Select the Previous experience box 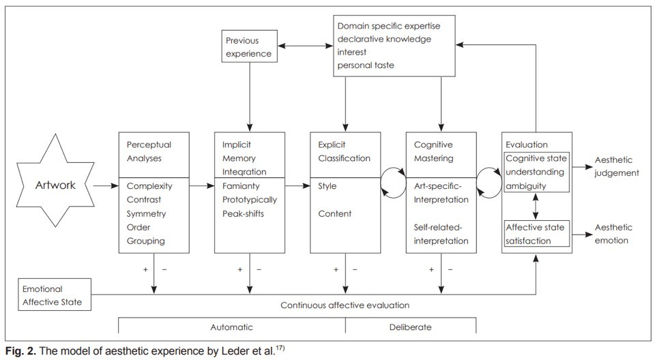pyautogui.click(x=248, y=46)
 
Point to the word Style pyautogui.click(x=327, y=186)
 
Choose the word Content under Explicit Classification pyautogui.click(x=334, y=213)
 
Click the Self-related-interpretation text pyautogui.click(x=441, y=234)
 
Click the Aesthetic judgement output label pyautogui.click(x=617, y=166)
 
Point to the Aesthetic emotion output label pyautogui.click(x=613, y=233)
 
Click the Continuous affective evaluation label pyautogui.click(x=345, y=305)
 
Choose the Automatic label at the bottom pyautogui.click(x=232, y=327)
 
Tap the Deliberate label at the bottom pyautogui.click(x=410, y=327)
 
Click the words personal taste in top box pyautogui.click(x=366, y=65)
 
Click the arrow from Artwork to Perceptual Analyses pyautogui.click(x=104, y=185)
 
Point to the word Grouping pyautogui.click(x=145, y=241)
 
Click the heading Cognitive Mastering pyautogui.click(x=433, y=151)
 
